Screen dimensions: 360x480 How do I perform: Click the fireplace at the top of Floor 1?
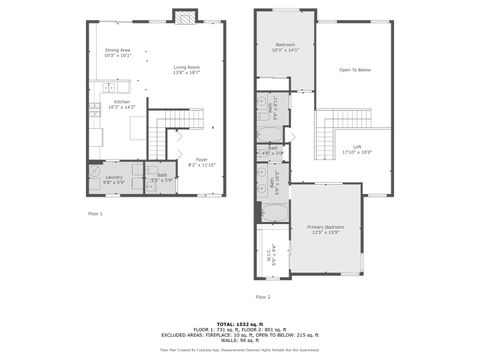coord(183,15)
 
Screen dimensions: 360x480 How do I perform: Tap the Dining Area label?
coord(118,53)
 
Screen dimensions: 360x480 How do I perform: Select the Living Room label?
coord(187,70)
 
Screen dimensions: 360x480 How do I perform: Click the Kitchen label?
coord(121,103)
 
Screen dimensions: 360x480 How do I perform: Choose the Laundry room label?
coord(113,180)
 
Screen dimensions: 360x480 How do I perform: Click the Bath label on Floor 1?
coord(162,178)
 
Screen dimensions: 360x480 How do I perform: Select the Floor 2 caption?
coord(263,297)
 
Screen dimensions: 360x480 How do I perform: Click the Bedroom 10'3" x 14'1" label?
coord(285,46)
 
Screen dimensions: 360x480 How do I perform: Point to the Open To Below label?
coord(355,70)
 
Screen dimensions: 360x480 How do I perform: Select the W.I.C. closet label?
coord(273,252)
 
